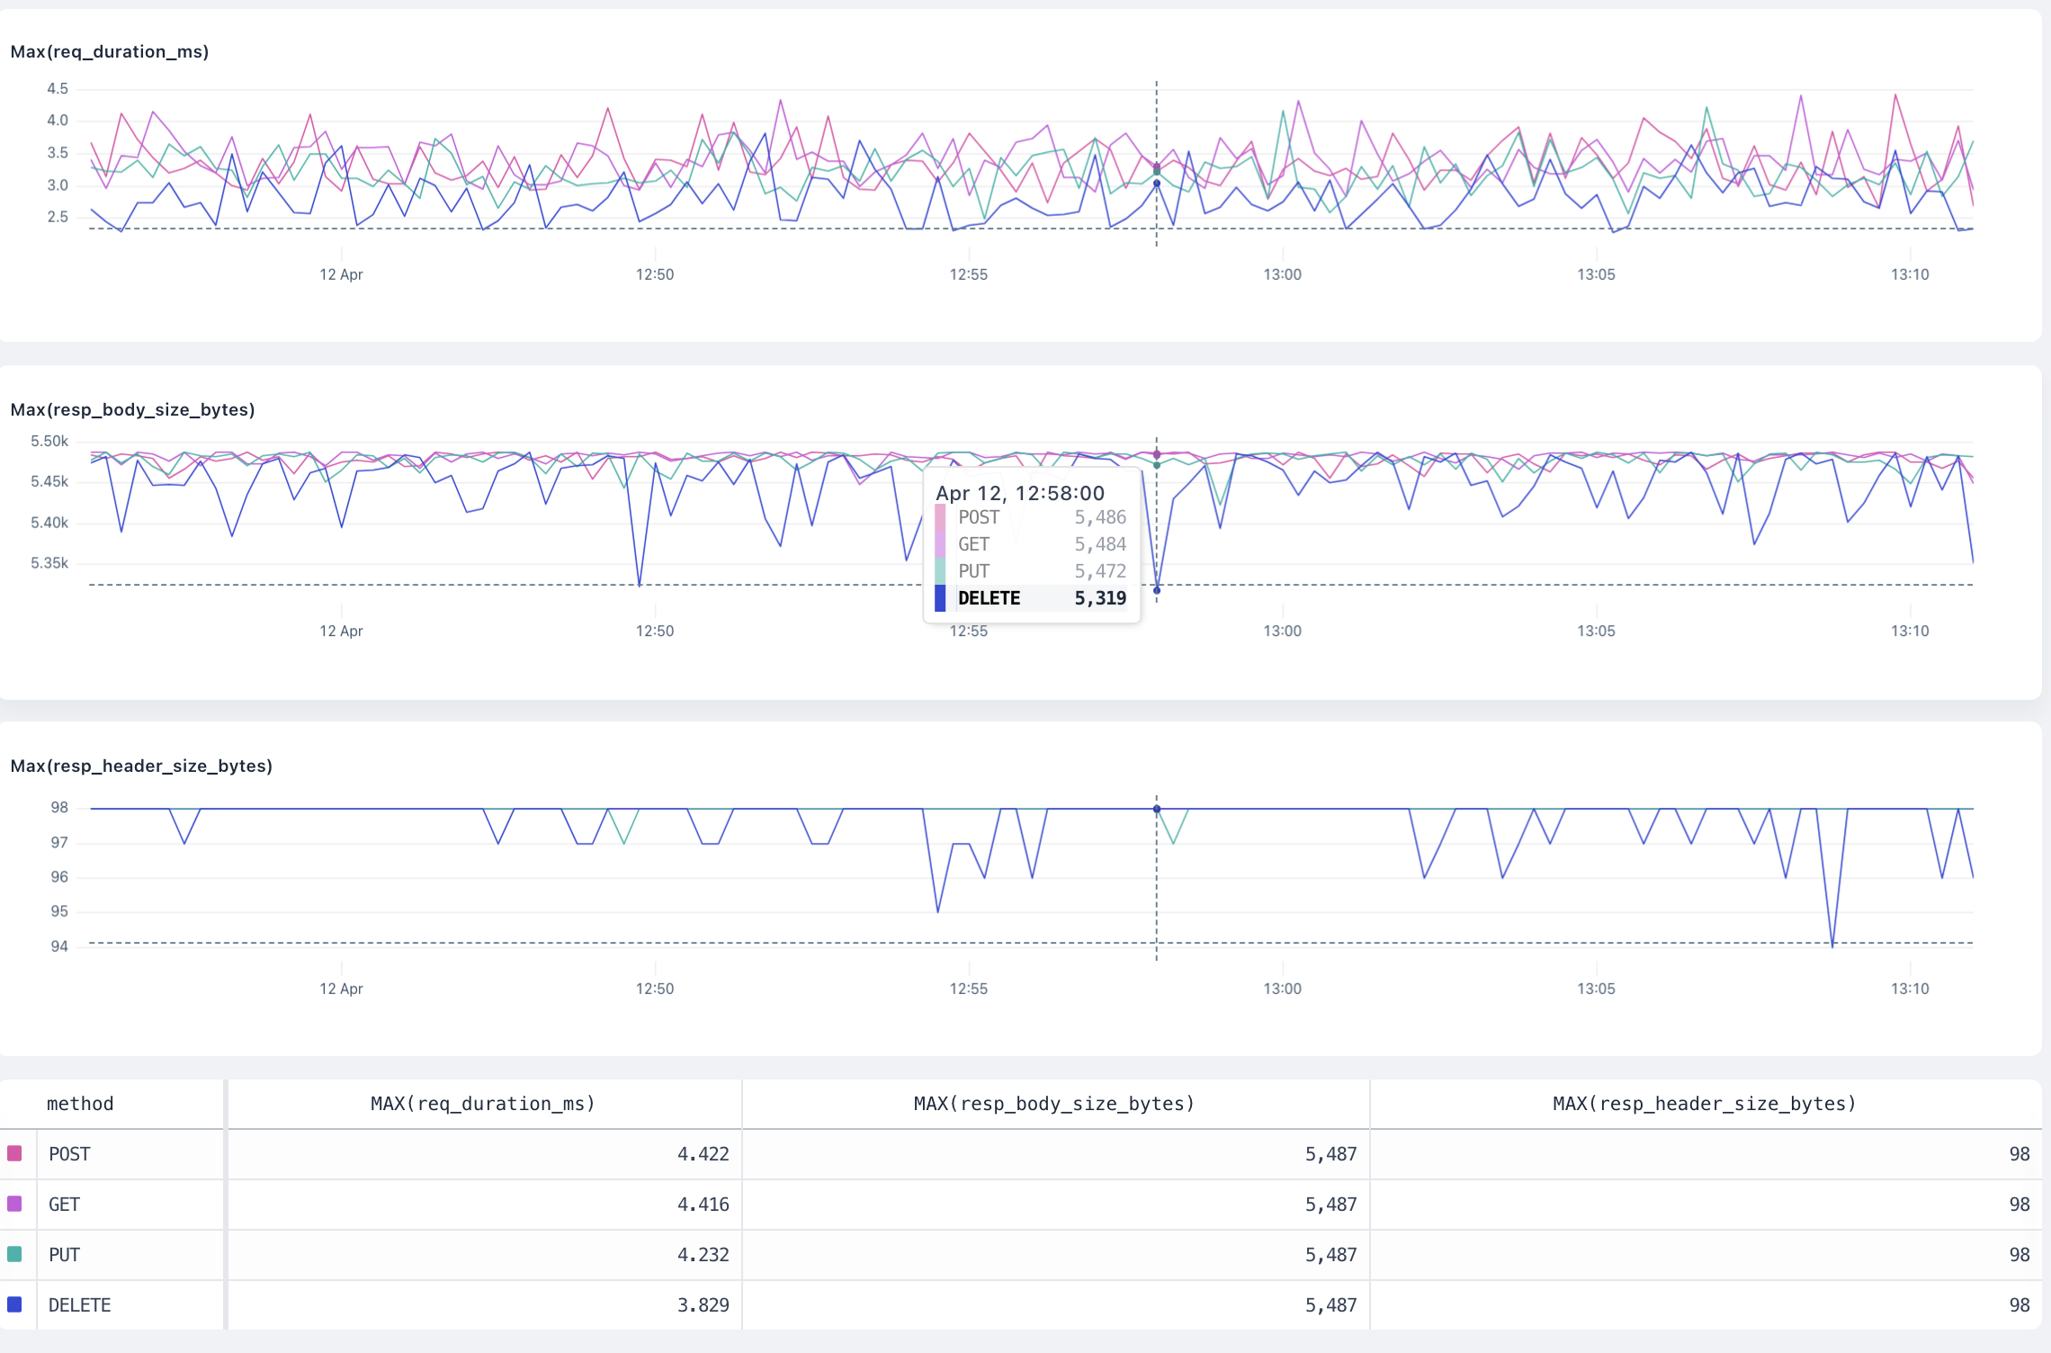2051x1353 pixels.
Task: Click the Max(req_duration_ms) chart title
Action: click(x=109, y=51)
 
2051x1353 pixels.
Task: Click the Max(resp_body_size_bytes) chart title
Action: click(x=132, y=409)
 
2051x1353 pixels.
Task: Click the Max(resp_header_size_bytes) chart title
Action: click(x=141, y=766)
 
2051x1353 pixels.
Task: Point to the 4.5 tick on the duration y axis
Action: click(x=57, y=88)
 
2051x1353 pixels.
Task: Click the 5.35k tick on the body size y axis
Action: click(x=49, y=563)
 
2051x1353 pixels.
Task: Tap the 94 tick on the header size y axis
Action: click(x=58, y=946)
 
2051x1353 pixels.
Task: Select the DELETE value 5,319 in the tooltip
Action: click(x=1099, y=598)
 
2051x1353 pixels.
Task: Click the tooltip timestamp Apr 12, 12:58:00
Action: click(x=1019, y=493)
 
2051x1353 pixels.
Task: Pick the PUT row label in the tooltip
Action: click(x=973, y=571)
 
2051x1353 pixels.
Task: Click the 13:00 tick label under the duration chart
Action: click(x=1282, y=274)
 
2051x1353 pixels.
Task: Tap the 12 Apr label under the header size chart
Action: click(x=341, y=989)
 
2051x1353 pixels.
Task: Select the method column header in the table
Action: click(x=80, y=1104)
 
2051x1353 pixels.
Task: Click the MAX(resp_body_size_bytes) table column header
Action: click(x=1053, y=1104)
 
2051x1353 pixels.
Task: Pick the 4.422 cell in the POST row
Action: click(x=703, y=1154)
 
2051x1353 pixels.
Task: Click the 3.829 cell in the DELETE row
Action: click(x=703, y=1305)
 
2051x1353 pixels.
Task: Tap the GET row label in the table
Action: click(x=64, y=1205)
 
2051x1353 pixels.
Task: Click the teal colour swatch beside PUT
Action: click(x=14, y=1254)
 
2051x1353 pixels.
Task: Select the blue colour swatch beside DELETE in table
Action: click(x=14, y=1304)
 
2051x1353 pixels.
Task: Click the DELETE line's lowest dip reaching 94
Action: click(x=1832, y=945)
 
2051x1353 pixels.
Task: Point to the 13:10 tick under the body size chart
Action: click(x=1909, y=631)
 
